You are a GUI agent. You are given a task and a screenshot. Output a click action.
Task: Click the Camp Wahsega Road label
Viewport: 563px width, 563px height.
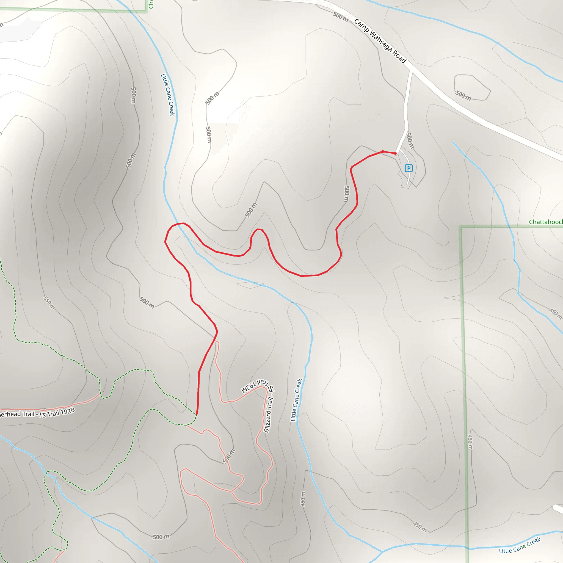tap(380, 41)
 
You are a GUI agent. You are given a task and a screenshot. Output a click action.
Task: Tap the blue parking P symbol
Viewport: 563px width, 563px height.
tap(409, 168)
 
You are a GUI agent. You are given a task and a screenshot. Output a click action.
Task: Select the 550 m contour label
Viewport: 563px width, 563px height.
tap(49, 303)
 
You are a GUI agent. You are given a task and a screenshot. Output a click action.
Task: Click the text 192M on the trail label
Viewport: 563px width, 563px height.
tap(249, 388)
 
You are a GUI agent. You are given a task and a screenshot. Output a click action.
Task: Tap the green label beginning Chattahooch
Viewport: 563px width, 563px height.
tap(545, 222)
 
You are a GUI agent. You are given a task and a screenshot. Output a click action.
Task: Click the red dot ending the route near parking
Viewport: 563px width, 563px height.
tap(395, 153)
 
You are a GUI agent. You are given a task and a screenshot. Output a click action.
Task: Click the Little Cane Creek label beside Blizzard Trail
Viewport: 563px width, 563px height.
tap(296, 400)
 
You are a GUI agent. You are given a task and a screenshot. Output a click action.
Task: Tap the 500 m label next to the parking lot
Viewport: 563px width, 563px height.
tap(410, 140)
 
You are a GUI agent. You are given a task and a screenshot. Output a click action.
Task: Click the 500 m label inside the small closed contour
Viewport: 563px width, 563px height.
tap(463, 95)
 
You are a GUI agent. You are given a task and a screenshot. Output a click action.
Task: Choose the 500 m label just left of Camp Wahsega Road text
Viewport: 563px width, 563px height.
tap(340, 17)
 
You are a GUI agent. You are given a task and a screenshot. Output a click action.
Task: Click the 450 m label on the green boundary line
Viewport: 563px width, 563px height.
tap(470, 442)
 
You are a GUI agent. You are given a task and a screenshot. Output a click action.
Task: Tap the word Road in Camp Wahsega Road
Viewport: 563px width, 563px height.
tap(399, 57)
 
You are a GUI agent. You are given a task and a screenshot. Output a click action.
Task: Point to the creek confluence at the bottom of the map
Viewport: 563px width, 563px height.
tap(382, 552)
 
